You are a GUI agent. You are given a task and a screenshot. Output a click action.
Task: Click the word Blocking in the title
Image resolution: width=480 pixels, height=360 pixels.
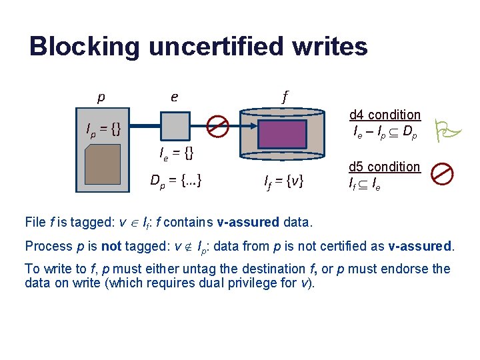(84, 47)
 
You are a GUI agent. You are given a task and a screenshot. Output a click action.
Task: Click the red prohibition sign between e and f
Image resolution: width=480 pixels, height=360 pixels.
(217, 125)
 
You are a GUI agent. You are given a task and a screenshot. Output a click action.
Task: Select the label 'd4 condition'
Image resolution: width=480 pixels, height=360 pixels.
(385, 115)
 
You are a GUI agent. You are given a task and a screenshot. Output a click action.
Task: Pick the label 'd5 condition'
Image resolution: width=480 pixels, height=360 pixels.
(385, 167)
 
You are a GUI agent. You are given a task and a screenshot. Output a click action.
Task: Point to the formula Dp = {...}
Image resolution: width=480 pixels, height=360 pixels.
(177, 179)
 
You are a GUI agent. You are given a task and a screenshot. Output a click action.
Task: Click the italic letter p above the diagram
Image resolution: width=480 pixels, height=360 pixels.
(101, 97)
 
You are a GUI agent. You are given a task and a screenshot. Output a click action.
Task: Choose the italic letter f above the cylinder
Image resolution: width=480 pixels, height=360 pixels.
(285, 96)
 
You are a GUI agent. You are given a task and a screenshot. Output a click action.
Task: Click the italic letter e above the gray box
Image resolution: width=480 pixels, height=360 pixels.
(174, 97)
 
